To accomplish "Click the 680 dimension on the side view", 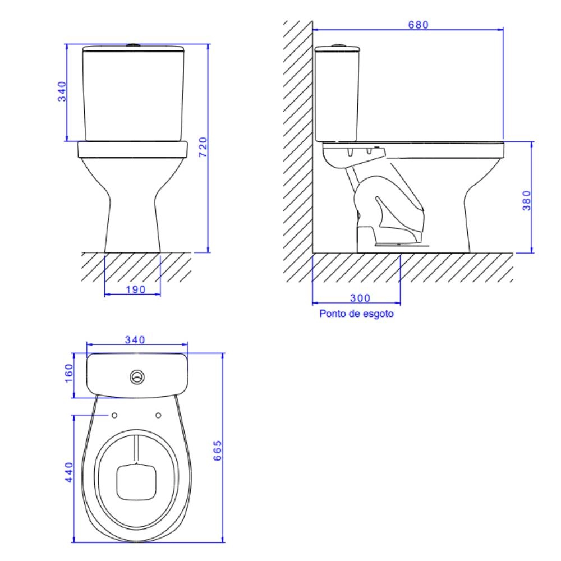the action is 418,25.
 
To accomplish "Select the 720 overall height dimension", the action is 203,146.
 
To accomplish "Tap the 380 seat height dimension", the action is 527,200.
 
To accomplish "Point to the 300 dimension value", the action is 360,298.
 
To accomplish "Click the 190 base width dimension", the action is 136,289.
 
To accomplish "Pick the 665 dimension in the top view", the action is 217,450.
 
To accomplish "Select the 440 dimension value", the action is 68,472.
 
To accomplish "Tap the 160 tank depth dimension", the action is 68,373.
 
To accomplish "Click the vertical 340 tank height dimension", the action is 62,91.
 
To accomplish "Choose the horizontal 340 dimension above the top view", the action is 135,339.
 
